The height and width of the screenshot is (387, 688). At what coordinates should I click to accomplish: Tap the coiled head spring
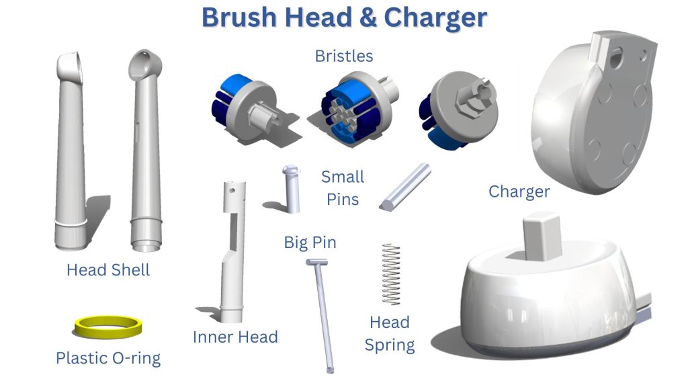pos(391,274)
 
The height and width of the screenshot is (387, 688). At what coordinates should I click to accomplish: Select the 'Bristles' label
pos(344,56)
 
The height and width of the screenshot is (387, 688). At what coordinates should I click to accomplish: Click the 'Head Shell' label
pos(108,270)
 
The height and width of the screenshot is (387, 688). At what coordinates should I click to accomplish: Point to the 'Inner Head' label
pos(235,337)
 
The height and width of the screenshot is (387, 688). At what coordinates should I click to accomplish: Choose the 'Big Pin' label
pos(310,243)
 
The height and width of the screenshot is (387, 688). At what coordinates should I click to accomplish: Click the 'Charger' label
pos(519,191)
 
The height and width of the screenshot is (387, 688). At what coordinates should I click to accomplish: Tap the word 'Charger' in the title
pos(435,17)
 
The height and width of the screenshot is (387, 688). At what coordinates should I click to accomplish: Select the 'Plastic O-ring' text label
pos(108,359)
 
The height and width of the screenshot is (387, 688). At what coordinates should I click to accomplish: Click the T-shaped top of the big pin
pos(317,263)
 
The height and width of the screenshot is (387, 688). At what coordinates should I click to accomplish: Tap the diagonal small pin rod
pos(405,187)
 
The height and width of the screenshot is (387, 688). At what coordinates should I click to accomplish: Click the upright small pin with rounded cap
pos(291,189)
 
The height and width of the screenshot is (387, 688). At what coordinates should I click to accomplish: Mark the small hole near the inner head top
pos(232,190)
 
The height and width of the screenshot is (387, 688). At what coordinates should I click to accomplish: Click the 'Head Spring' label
pos(390,333)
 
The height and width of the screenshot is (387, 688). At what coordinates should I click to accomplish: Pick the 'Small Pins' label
pos(343,188)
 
